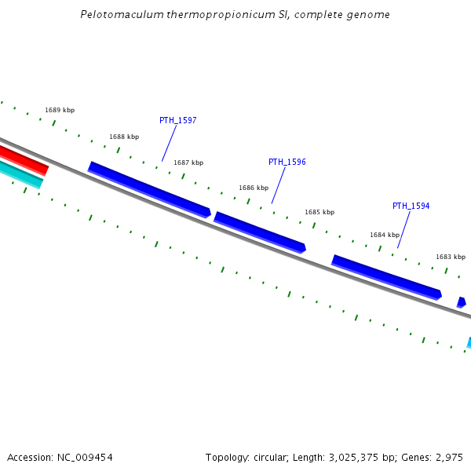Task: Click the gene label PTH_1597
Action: (177, 120)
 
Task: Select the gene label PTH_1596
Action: (287, 162)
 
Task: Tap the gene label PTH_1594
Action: (411, 206)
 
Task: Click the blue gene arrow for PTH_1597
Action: (149, 189)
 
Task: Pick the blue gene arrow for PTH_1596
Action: (260, 232)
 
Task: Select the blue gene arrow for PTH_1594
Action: (385, 276)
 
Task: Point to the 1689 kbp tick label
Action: (60, 110)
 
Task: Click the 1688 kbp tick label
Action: (124, 137)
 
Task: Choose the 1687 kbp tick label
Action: (188, 162)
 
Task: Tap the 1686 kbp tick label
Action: (254, 188)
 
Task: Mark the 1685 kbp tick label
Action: (319, 212)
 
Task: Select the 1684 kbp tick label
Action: (385, 235)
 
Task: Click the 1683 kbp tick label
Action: (451, 257)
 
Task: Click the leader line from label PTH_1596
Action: (278, 185)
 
